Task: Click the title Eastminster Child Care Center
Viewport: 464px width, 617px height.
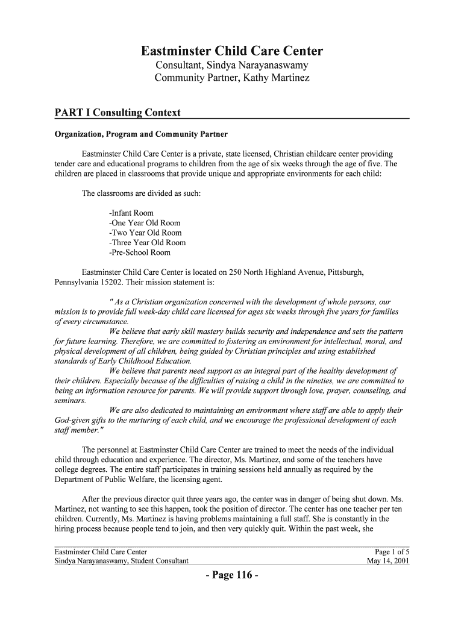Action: [232, 51]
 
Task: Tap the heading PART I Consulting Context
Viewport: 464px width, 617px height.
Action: [118, 113]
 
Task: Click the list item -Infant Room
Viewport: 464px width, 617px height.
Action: [131, 213]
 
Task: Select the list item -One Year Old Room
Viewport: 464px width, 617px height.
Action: [145, 223]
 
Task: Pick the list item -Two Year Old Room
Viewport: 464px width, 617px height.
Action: [145, 233]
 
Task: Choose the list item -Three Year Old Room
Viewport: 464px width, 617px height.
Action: [148, 243]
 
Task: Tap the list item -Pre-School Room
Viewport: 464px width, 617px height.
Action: [140, 252]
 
